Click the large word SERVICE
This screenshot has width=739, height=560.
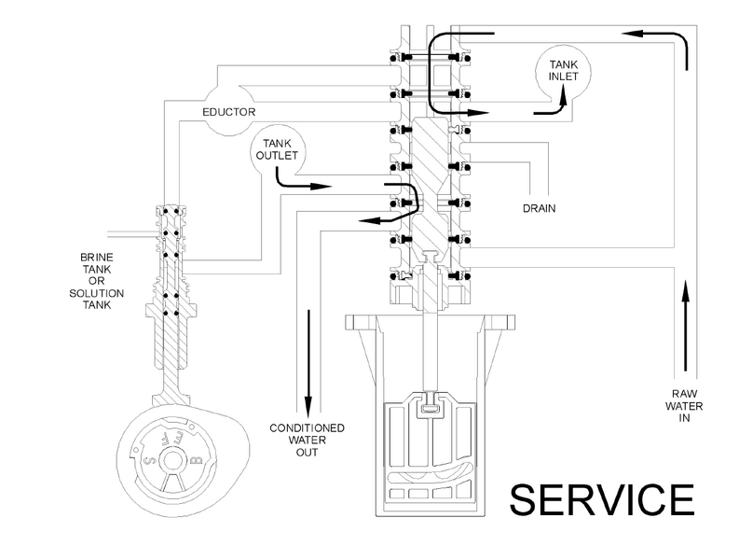coord(602,499)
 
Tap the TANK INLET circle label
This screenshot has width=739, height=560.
coord(563,70)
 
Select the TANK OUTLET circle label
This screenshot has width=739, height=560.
coord(277,149)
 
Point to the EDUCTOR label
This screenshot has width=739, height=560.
coord(229,112)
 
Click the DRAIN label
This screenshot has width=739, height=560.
coord(540,208)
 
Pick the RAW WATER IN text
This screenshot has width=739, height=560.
coord(684,406)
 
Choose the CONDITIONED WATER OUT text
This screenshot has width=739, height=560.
coord(307,441)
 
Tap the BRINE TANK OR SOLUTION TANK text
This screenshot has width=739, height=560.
coord(97,281)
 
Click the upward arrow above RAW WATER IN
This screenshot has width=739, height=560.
coord(685,325)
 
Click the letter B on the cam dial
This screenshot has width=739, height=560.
coord(198,459)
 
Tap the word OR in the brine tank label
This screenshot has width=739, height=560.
coord(97,281)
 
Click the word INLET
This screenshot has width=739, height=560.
coord(563,77)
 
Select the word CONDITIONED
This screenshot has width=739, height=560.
coord(307,428)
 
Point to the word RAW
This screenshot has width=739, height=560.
coord(684,394)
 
